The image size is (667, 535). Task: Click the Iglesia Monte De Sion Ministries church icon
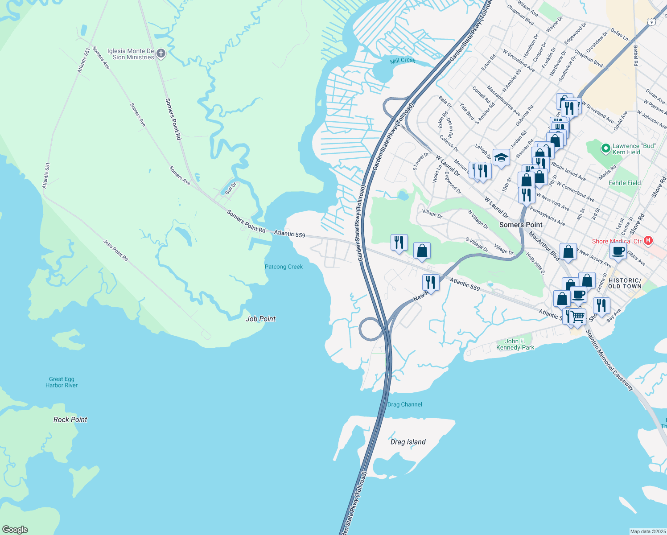[x=161, y=54]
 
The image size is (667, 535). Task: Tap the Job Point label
[x=260, y=319]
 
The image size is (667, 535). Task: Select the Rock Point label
[x=70, y=420]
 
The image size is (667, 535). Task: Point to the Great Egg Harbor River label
[x=62, y=382]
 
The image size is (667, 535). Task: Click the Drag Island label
[x=408, y=442]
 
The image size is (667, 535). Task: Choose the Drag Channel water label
[x=404, y=404]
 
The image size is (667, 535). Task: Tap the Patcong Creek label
[x=284, y=267]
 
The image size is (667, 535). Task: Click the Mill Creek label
[x=402, y=61]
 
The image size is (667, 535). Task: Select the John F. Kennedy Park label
[x=515, y=344]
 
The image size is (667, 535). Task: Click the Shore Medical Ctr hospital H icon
[x=648, y=241]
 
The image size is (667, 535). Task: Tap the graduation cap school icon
[x=501, y=157]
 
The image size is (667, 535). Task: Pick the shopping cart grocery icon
[x=578, y=317]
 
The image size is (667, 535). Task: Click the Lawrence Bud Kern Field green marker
[x=605, y=148]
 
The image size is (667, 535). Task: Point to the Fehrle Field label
[x=625, y=183]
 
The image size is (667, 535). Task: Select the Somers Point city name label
[x=521, y=225]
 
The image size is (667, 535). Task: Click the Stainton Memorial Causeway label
[x=609, y=360]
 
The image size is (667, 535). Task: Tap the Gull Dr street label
[x=230, y=189]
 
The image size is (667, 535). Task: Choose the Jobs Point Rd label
[x=115, y=250]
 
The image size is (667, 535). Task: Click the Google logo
[x=15, y=529]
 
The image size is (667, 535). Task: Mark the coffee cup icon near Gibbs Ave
[x=618, y=251]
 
